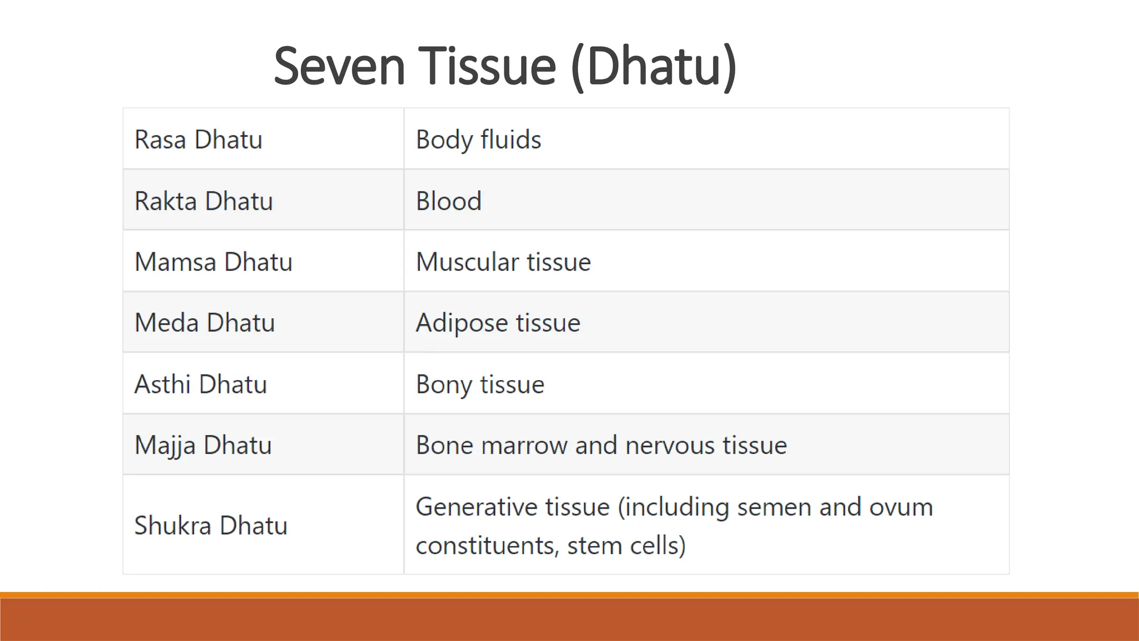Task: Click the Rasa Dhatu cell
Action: [x=198, y=140]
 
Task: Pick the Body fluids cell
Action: [x=478, y=140]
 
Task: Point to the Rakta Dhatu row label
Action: [x=204, y=201]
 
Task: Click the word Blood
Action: [x=448, y=201]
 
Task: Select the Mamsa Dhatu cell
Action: [x=213, y=262]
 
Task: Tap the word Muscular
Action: [x=467, y=262]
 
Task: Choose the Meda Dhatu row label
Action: [x=205, y=323]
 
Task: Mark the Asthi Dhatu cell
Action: [x=200, y=384]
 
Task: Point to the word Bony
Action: [x=443, y=384]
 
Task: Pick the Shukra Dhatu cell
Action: [x=211, y=526]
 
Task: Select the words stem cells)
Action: [x=626, y=545]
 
